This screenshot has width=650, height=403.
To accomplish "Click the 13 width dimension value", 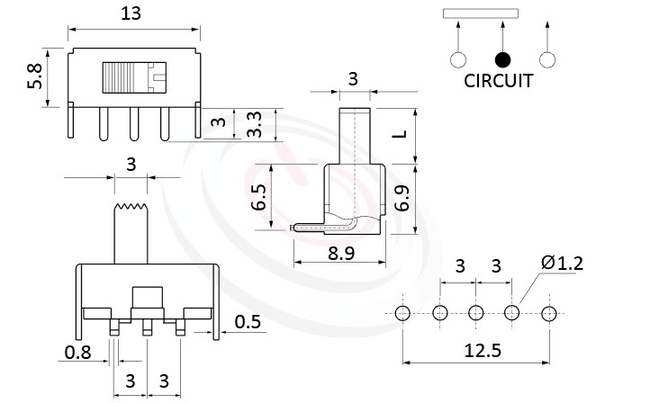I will click(x=132, y=13).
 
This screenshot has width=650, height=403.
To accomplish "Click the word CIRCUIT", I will click(x=498, y=81).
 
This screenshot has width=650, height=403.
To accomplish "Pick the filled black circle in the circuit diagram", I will click(x=502, y=59).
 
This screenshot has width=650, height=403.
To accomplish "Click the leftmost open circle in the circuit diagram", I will click(x=458, y=59).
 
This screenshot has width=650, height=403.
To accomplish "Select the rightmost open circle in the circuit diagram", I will click(x=546, y=59).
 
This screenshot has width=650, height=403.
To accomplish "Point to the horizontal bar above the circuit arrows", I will click(x=481, y=13).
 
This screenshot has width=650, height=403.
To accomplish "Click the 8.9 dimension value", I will click(x=339, y=255).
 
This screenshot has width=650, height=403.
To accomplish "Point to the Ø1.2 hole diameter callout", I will click(x=563, y=263).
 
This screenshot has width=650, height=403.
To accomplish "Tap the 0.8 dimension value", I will click(x=78, y=353).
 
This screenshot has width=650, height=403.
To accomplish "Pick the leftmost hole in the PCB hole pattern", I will click(x=402, y=313).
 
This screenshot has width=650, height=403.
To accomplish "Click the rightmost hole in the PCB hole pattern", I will click(x=549, y=313).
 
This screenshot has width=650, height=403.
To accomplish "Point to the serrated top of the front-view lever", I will click(x=132, y=209).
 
